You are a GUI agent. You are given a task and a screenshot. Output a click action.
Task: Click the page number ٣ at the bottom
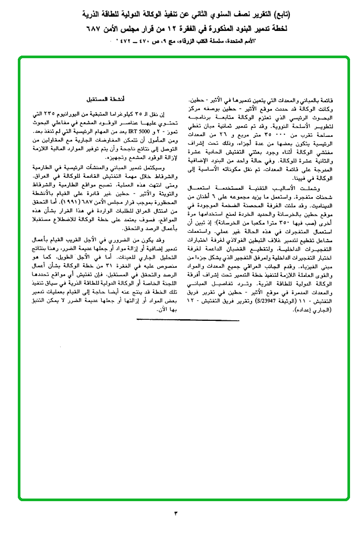(x=176, y=512)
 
